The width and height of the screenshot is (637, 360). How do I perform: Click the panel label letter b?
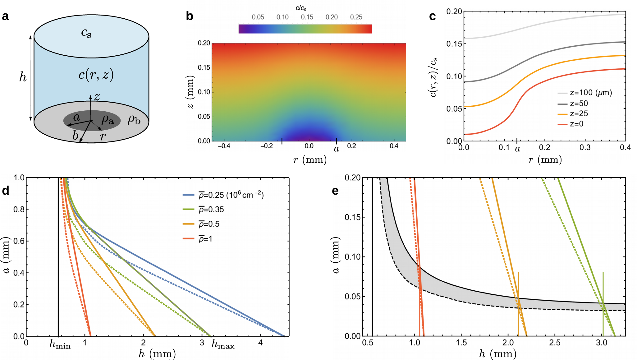pyautogui.click(x=190, y=16)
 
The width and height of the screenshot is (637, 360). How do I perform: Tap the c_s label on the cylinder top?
pyautogui.click(x=86, y=33)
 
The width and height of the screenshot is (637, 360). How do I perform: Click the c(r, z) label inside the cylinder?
pyautogui.click(x=96, y=75)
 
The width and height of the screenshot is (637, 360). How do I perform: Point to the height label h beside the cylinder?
pyautogui.click(x=23, y=77)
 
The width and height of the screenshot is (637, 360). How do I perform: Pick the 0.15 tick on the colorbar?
pyautogui.click(x=307, y=17)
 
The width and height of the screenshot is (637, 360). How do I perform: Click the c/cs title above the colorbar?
pyautogui.click(x=301, y=8)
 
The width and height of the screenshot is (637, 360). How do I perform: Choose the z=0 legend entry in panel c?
pyautogui.click(x=576, y=124)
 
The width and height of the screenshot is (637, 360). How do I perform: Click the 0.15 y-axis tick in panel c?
pyautogui.click(x=454, y=44)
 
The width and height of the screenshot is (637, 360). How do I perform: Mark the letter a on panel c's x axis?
pyautogui.click(x=517, y=149)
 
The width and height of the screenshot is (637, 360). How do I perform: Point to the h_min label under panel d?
pyautogui.click(x=60, y=344)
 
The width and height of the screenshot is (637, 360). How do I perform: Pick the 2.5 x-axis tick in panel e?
pyautogui.click(x=555, y=343)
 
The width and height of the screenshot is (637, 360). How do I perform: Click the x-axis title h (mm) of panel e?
pyautogui.click(x=497, y=354)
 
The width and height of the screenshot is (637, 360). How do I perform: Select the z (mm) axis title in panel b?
pyautogui.click(x=191, y=92)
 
